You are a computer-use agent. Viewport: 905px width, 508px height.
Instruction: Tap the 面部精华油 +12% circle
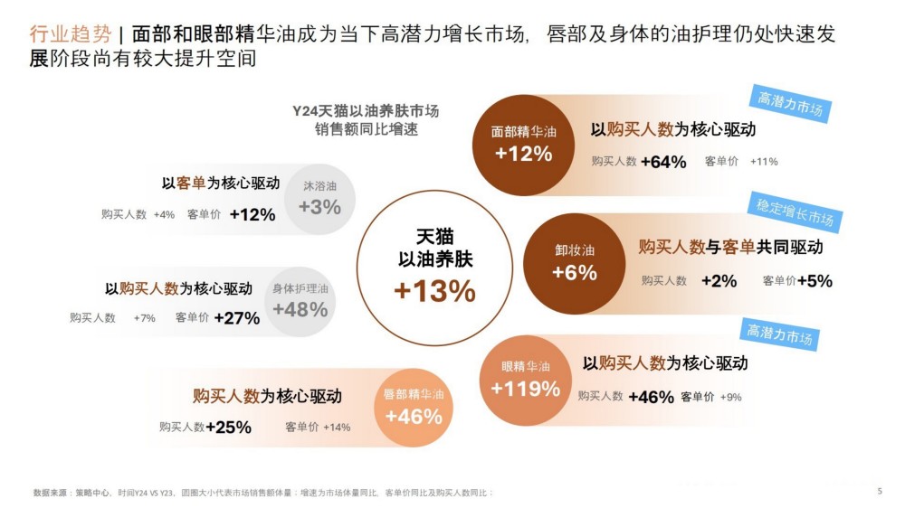[524, 145]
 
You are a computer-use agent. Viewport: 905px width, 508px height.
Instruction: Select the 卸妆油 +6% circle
[574, 263]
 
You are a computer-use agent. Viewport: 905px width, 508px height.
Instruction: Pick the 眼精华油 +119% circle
[526, 380]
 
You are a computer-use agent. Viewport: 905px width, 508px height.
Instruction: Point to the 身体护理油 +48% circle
[300, 301]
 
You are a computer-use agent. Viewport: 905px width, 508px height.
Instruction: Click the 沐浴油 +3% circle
[319, 199]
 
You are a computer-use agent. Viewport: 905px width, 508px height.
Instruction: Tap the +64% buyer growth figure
[663, 162]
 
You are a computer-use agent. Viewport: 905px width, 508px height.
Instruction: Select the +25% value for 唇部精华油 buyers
[229, 428]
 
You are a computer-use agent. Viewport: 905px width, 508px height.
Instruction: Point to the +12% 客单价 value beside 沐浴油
[252, 215]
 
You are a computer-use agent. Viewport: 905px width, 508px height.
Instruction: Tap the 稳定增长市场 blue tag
[795, 213]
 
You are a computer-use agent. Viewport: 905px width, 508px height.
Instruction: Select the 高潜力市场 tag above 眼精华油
[779, 334]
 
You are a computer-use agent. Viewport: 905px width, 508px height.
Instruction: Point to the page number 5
[880, 491]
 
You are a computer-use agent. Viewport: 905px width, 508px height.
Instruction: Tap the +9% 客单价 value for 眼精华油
[730, 397]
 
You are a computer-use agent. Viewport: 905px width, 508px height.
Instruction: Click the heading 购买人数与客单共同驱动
[730, 248]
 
